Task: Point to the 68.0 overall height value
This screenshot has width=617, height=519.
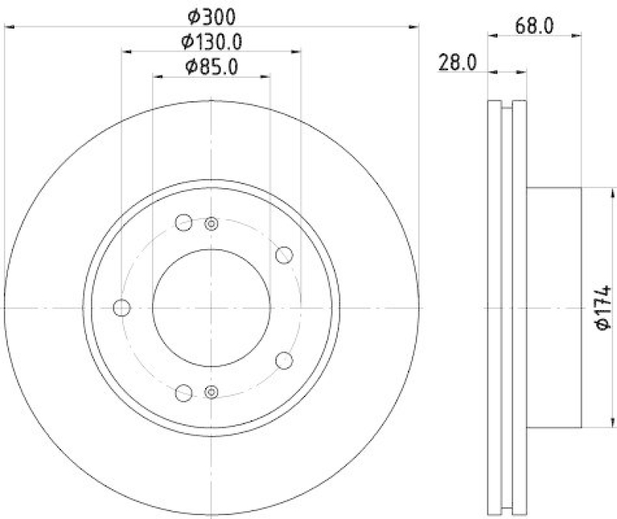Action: click(534, 25)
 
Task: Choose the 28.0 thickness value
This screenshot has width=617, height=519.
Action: click(457, 62)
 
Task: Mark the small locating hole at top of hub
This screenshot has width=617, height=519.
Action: click(211, 224)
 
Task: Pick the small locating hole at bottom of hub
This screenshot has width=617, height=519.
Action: click(211, 392)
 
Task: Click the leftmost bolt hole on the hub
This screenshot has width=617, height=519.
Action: click(121, 308)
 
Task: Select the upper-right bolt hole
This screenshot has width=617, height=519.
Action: click(284, 254)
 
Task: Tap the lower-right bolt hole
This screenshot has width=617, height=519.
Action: click(284, 360)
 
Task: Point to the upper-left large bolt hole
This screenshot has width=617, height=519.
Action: click(184, 223)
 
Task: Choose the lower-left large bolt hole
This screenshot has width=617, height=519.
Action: click(184, 393)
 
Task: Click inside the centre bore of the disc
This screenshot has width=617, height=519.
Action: click(211, 308)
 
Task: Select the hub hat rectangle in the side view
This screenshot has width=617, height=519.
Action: click(554, 307)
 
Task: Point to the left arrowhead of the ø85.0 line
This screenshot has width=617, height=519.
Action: click(157, 76)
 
